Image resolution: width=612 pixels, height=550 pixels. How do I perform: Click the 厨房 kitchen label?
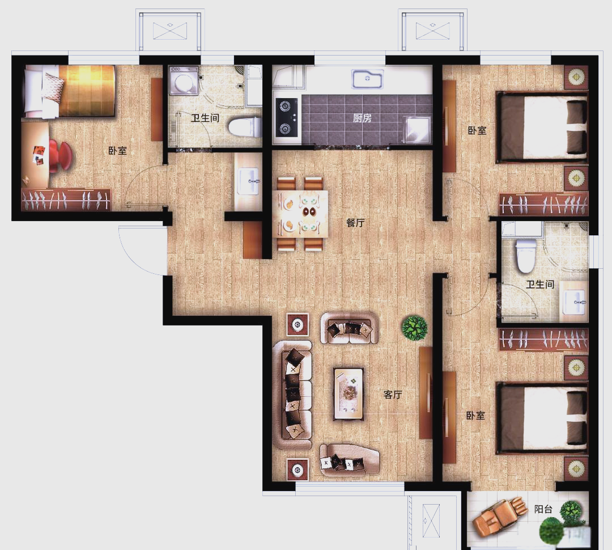362,117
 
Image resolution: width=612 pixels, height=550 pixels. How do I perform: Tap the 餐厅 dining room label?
355,223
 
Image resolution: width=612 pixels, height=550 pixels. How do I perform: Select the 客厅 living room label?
392,395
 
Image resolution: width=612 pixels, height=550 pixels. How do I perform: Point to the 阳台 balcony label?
543,509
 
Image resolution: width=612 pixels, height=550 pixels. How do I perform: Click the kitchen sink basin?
367,78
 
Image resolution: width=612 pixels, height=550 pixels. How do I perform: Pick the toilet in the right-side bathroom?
525,256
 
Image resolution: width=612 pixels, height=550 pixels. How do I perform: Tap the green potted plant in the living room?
414,327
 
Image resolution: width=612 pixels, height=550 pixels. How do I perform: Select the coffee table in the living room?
348,394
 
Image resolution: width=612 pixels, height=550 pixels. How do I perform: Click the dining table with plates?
300,214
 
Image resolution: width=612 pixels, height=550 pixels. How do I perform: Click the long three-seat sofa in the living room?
293,395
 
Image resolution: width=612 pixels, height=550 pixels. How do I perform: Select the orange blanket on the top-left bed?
87,90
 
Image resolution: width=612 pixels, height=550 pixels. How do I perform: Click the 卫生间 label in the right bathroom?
540,284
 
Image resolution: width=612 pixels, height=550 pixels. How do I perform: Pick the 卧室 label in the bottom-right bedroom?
475,415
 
